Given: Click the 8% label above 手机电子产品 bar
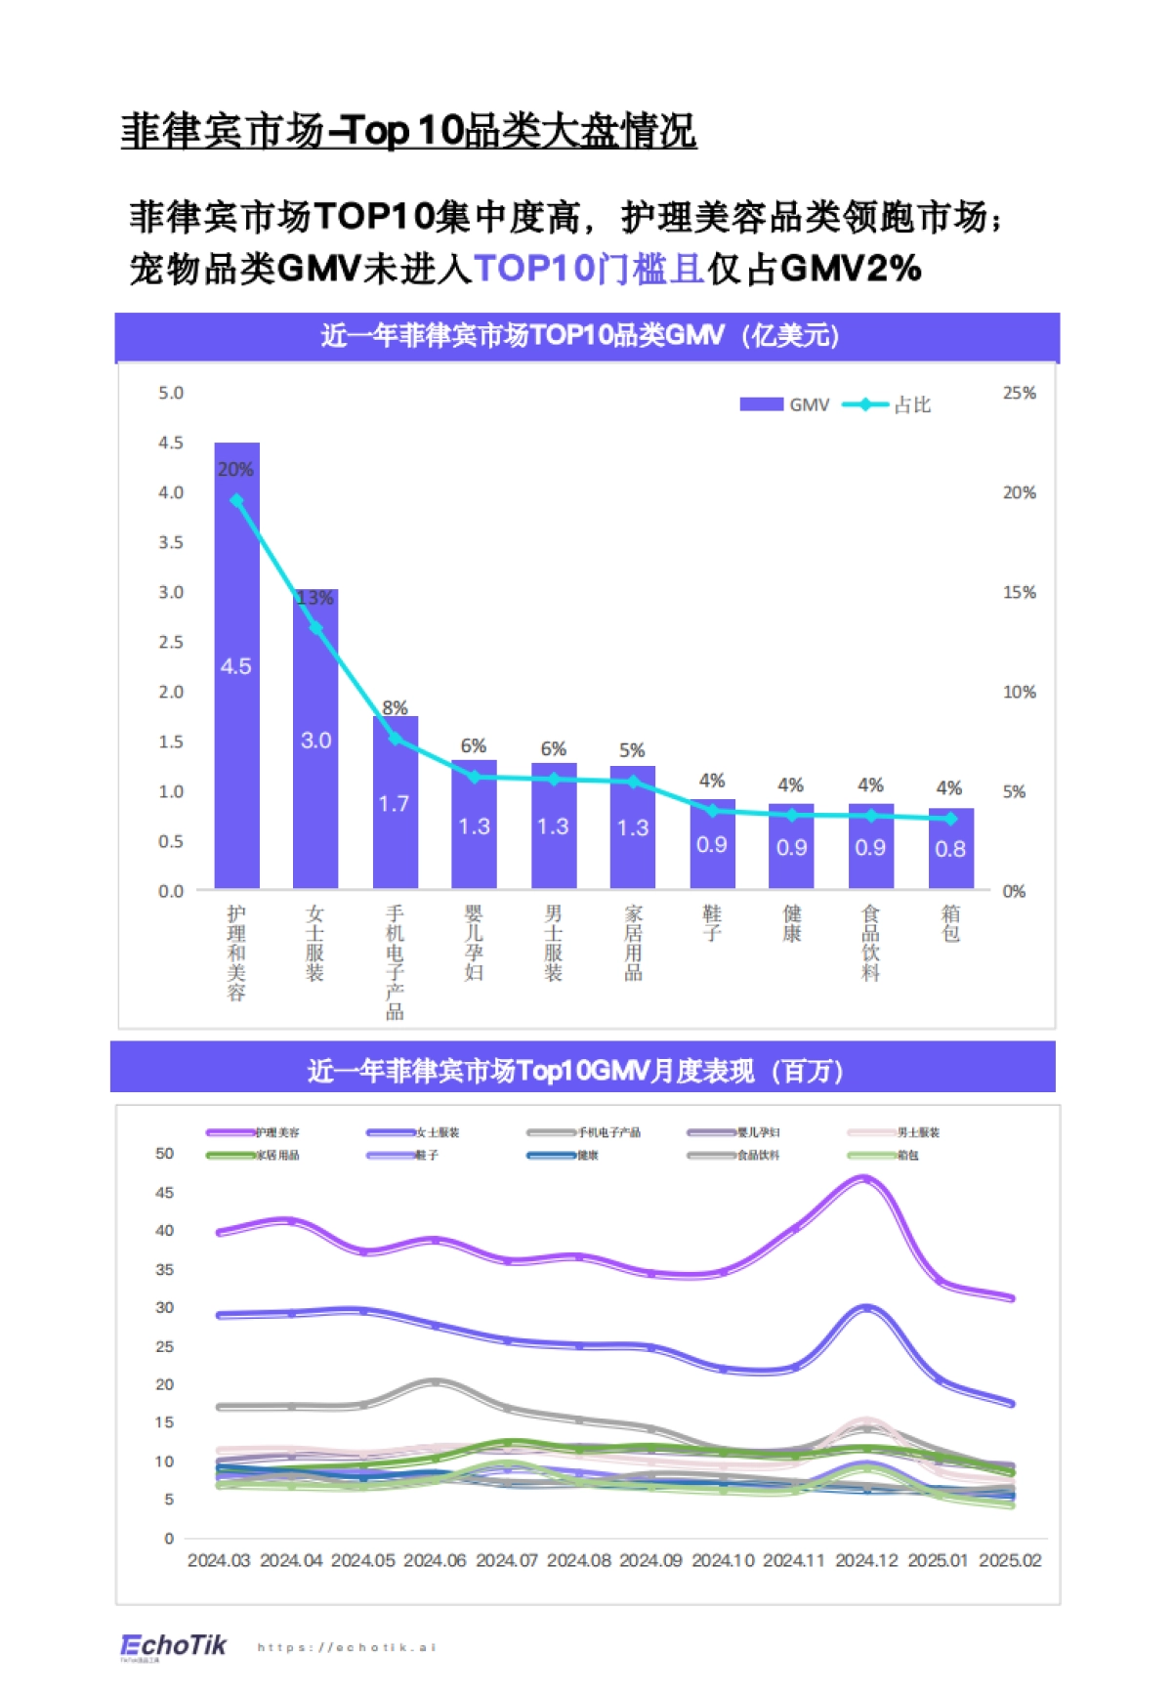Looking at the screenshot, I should (395, 707).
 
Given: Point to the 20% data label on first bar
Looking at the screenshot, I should (235, 469).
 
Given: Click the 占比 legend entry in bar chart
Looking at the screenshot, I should (889, 404).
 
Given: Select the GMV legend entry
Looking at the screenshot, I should (785, 404).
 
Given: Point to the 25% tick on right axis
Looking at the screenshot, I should (1019, 393).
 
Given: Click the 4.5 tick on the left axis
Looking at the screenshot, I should (171, 443).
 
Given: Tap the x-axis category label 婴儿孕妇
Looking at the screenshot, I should (474, 942).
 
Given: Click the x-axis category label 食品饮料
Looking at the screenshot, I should (870, 942).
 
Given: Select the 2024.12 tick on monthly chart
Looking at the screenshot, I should (866, 1560).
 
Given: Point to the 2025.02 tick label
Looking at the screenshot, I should (1010, 1560).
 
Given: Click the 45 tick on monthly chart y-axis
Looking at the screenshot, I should (164, 1192).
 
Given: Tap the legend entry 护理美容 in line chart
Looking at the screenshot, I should (254, 1132).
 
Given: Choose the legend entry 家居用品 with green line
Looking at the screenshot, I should (254, 1155).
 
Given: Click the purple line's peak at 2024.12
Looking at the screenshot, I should (865, 1179).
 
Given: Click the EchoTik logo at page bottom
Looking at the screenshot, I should (173, 1645).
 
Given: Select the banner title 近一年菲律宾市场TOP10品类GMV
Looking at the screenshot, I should (580, 336).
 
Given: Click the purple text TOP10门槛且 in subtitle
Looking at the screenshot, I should (589, 268).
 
